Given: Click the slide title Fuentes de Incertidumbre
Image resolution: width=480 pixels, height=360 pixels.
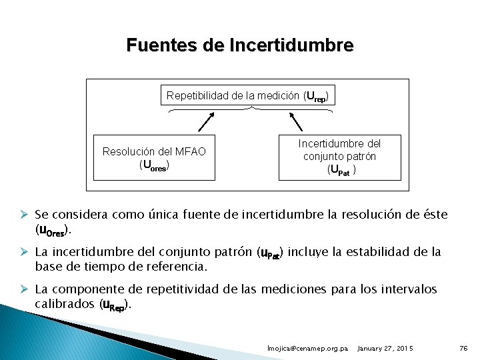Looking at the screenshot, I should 240,45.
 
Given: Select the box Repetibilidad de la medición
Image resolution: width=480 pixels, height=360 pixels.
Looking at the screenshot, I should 247,96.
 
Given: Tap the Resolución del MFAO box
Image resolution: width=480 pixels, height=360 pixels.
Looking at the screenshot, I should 154,158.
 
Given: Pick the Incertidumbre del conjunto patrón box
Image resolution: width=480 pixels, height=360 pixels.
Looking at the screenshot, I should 339,157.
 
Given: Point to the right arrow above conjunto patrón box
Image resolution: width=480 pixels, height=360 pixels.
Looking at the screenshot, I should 294,121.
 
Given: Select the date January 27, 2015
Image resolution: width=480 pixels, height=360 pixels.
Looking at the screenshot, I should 385,349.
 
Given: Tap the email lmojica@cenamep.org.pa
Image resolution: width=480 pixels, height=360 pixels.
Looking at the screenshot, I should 307,349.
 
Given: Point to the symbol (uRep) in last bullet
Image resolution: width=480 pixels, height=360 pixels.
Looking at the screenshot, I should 115,305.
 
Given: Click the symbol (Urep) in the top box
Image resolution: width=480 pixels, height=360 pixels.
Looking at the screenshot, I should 315,97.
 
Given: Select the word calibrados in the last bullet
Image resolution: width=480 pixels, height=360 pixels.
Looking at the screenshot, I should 65,304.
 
